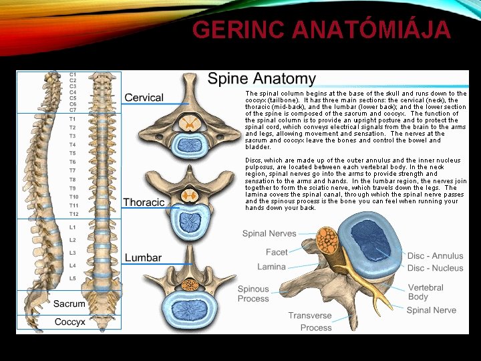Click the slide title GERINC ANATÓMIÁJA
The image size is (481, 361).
pyautogui.click(x=321, y=29)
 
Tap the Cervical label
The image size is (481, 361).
pyautogui.click(x=144, y=98)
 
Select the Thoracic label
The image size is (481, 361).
pyautogui.click(x=144, y=202)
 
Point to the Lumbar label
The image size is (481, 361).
pyautogui.click(x=143, y=257)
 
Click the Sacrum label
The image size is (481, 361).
pyautogui.click(x=69, y=304)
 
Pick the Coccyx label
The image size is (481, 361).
pyautogui.click(x=69, y=322)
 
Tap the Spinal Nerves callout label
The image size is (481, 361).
pyautogui.click(x=269, y=233)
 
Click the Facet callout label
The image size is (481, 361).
pyautogui.click(x=277, y=252)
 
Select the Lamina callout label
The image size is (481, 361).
pyautogui.click(x=271, y=267)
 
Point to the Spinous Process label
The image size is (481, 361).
pyautogui.click(x=253, y=293)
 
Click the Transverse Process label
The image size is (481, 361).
pyautogui.click(x=310, y=322)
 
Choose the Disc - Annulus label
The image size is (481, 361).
pyautogui.click(x=435, y=255)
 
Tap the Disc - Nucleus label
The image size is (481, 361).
pyautogui.click(x=435, y=268)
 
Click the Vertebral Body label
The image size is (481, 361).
pyautogui.click(x=426, y=292)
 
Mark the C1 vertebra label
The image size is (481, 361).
pyautogui.click(x=72, y=74)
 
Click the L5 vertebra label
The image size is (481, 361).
pyautogui.click(x=72, y=278)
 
